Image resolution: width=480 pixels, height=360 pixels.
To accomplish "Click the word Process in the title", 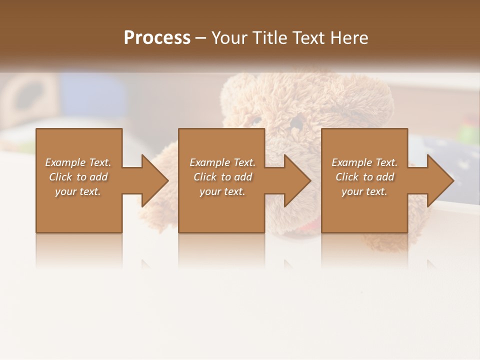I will coord(157,38).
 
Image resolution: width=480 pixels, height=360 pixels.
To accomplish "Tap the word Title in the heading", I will coord(268,38).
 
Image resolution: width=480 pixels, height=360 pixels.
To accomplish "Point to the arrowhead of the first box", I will coord(153,180).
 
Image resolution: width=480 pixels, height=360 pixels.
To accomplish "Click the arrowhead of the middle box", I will coord(296,180).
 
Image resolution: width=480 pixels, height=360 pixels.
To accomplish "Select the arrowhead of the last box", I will coord(439,180).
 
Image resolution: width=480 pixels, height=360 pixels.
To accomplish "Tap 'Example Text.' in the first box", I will coord(78,162).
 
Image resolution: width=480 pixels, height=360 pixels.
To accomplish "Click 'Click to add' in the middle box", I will coord(222,177).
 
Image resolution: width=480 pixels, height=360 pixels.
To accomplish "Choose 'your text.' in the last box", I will coord(364,191).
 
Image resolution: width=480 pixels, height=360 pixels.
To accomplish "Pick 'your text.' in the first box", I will coord(78,191).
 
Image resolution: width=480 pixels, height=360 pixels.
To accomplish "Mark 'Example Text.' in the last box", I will coord(364,162).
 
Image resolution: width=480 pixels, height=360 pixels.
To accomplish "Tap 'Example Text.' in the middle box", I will coord(222,162).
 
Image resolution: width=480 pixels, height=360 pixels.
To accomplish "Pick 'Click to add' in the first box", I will coord(78,177).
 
